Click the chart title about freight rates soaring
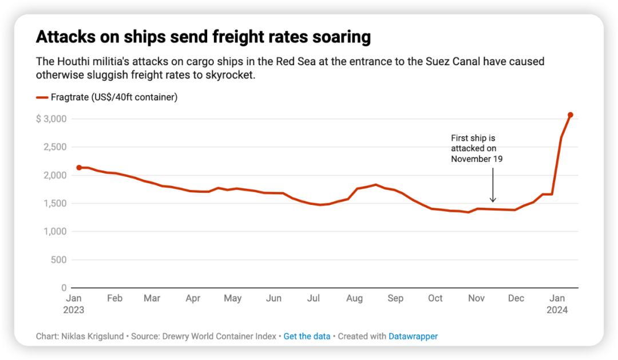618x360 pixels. [x=203, y=37]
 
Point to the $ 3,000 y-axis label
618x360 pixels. [x=51, y=119]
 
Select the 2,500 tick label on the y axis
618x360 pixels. [x=56, y=147]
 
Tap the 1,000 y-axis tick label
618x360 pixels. [x=56, y=231]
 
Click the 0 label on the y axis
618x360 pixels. [x=64, y=288]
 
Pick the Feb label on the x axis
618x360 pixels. [x=114, y=298]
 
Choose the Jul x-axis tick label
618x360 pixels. [x=313, y=298]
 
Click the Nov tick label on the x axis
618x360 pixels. [x=476, y=298]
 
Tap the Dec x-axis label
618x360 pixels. [x=516, y=298]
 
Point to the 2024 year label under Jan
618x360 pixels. [x=557, y=310]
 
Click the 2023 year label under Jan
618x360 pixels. [x=74, y=310]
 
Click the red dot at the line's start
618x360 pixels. [x=79, y=168]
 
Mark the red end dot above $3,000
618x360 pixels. [x=571, y=115]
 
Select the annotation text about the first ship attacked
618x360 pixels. [x=477, y=149]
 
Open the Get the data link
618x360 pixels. [x=307, y=337]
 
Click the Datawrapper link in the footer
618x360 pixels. [x=413, y=337]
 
